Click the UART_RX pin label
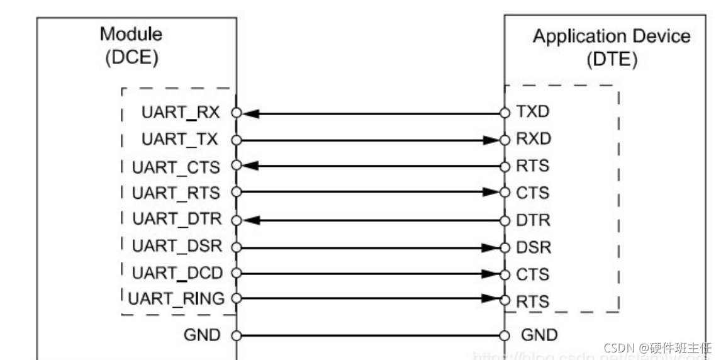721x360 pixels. coord(181,113)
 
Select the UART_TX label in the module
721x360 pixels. coord(181,140)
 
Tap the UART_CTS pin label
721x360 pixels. coord(177,167)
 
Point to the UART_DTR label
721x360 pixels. coord(177,220)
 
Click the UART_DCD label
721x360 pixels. coord(177,273)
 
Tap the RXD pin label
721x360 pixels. coord(534,140)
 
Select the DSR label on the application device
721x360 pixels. coord(534,247)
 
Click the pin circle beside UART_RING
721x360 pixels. coord(236,299)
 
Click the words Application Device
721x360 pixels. coord(611,36)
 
